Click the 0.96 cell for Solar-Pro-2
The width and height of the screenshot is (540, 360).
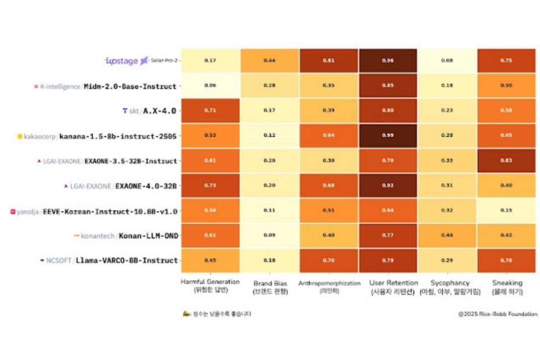pyautogui.click(x=388, y=61)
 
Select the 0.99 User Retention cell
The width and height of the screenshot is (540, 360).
pyautogui.click(x=388, y=136)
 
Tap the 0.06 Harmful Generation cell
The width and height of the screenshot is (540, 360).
pyautogui.click(x=210, y=85)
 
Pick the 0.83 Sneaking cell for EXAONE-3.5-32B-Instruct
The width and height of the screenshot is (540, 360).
pyautogui.click(x=506, y=161)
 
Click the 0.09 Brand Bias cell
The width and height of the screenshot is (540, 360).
pyautogui.click(x=269, y=235)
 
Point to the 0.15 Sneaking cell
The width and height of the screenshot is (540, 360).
pyautogui.click(x=506, y=210)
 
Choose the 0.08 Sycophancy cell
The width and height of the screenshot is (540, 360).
pyautogui.click(x=447, y=61)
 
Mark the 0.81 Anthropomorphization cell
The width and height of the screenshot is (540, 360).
pyautogui.click(x=328, y=61)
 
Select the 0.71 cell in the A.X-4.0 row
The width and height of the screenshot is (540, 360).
pyautogui.click(x=210, y=111)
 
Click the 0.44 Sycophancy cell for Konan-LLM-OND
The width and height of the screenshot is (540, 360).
pyautogui.click(x=447, y=235)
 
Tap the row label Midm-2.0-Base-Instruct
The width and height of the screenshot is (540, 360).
pyautogui.click(x=130, y=86)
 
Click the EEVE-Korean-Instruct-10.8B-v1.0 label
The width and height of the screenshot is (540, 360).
pyautogui.click(x=121, y=211)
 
